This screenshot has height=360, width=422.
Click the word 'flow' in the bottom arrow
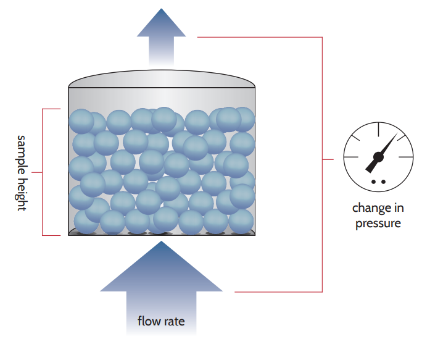[x=149, y=322]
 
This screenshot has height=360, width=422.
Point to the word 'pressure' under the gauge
[x=378, y=223]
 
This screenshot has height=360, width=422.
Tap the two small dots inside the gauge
[x=378, y=181]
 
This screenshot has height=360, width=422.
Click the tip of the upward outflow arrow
[x=162, y=10]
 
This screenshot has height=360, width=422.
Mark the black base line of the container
[x=161, y=236]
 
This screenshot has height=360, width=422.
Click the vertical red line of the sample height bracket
[x=42, y=172]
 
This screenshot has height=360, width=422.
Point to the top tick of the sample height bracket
[x=51, y=109]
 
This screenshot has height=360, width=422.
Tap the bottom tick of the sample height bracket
[x=54, y=235]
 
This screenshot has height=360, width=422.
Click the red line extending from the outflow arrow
[x=259, y=37]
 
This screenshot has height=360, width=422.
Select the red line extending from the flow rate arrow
[x=278, y=291]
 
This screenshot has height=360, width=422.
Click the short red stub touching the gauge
[x=328, y=159]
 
